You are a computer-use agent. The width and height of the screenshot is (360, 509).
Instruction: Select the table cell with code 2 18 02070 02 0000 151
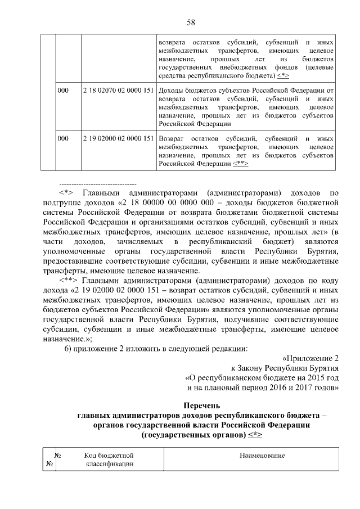pyautogui.click(x=118, y=90)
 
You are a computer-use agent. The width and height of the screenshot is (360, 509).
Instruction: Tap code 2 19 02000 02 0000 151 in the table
pyautogui.click(x=118, y=138)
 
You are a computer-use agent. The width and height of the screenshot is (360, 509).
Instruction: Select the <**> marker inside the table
pyautogui.click(x=240, y=164)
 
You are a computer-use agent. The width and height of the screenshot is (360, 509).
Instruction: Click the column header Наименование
pyautogui.click(x=262, y=454)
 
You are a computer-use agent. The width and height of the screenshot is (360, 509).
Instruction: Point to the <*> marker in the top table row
pyautogui.click(x=284, y=75)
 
